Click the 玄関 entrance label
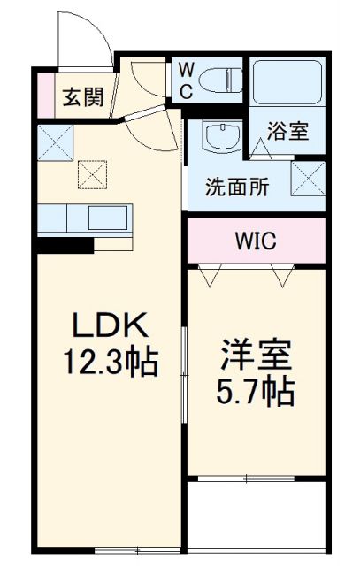pyautogui.click(x=82, y=96)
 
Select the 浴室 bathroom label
pyautogui.click(x=288, y=132)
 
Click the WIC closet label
pyautogui.click(x=257, y=240)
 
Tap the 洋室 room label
pyautogui.click(x=253, y=357)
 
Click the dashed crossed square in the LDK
pyautogui.click(x=92, y=172)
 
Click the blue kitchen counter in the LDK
pyautogui.click(x=84, y=218)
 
